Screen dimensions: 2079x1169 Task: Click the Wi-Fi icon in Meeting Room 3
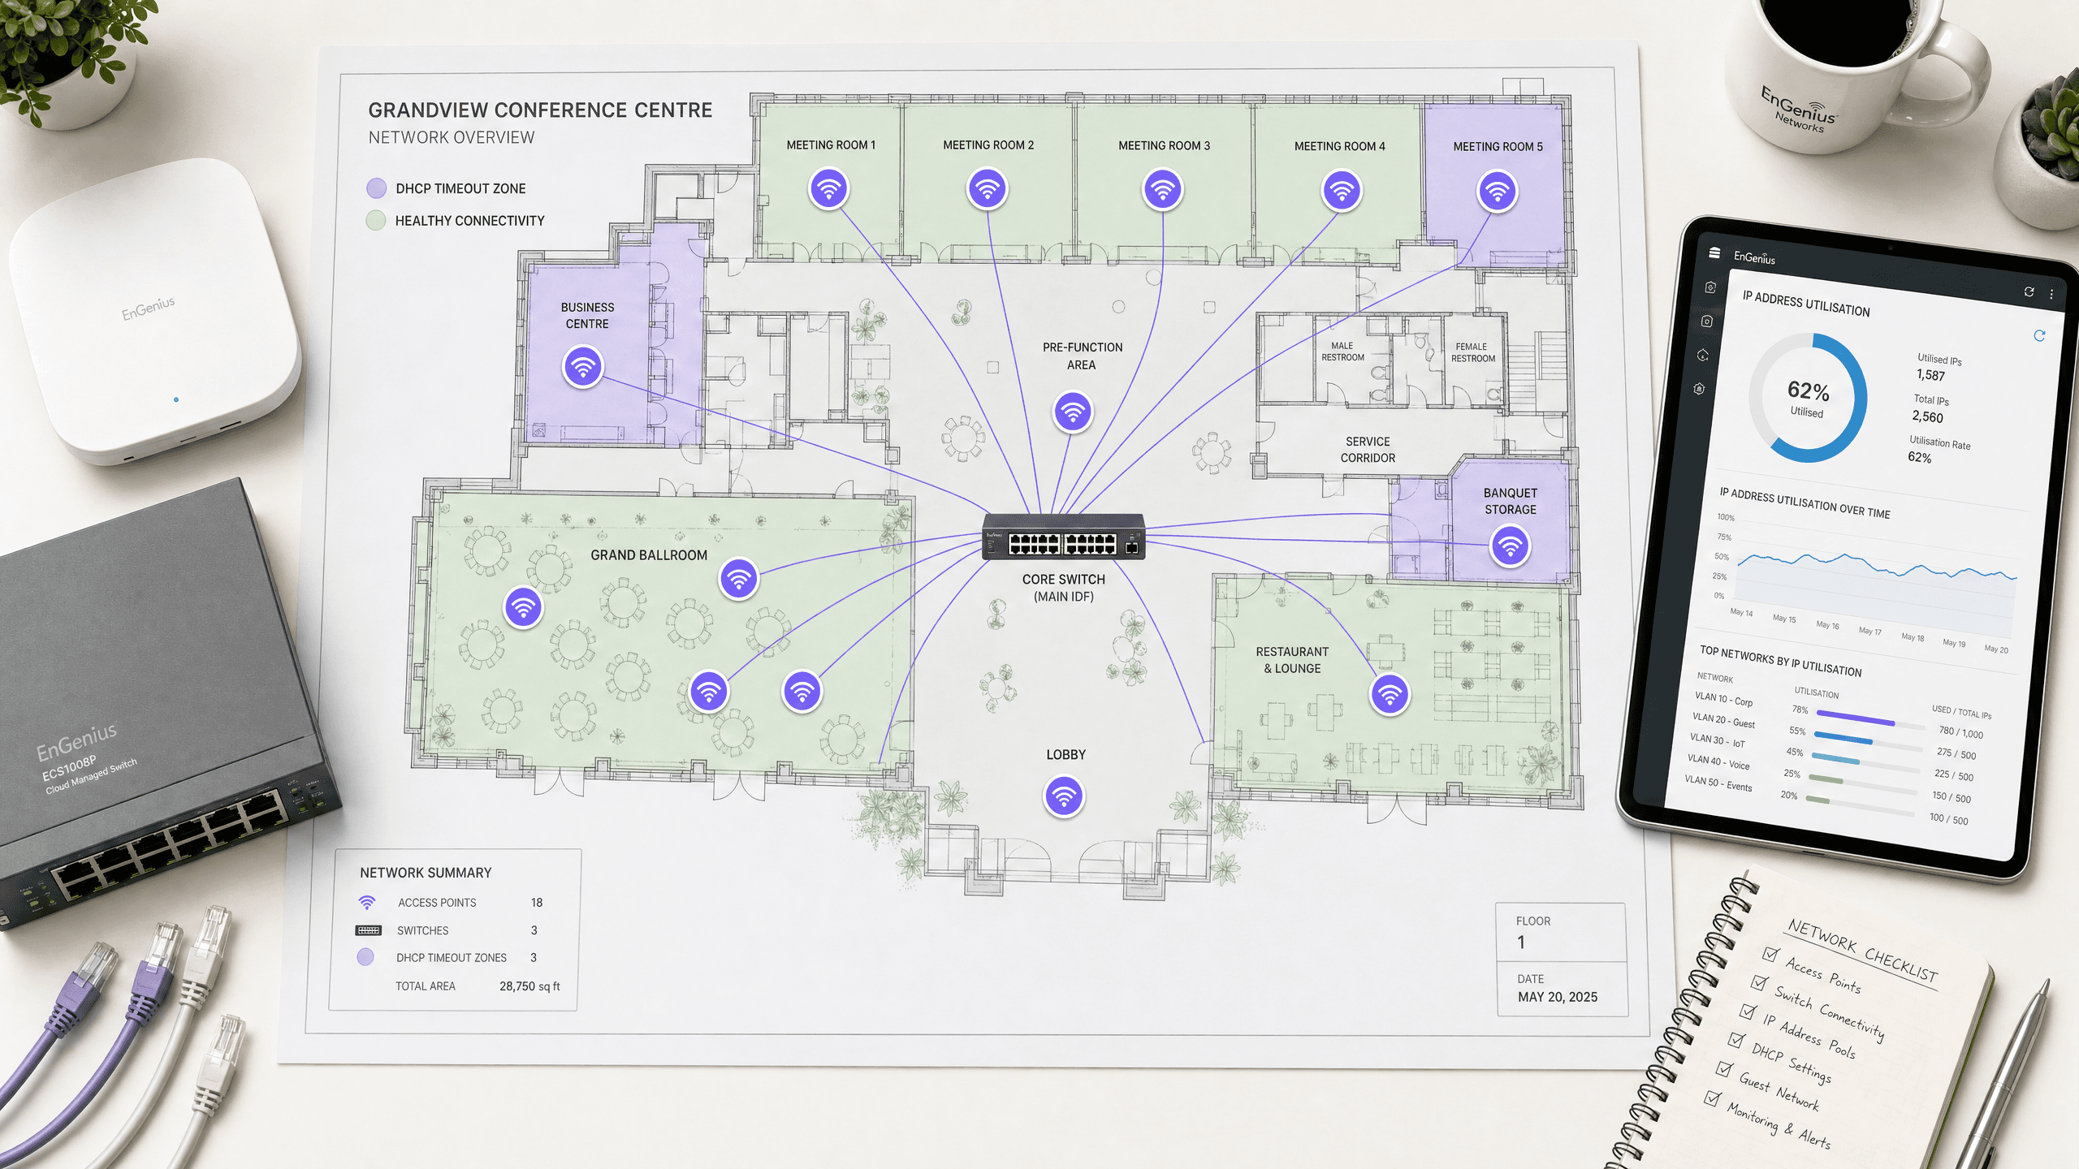coord(1163,189)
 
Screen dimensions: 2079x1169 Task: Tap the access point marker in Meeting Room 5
coord(1497,191)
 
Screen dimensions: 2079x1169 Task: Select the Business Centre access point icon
coord(582,367)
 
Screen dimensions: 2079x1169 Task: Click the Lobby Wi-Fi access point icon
coord(1064,796)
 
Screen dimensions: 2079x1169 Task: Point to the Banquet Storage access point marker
coord(1510,546)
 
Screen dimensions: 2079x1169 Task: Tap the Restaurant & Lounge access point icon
coord(1390,695)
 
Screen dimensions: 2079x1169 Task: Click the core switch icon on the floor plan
coord(1064,537)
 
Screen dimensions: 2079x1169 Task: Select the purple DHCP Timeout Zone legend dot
coord(376,188)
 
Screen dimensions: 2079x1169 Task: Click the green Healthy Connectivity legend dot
coord(375,220)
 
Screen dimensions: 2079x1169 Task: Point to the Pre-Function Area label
coord(1083,356)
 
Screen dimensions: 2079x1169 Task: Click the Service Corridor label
coord(1368,450)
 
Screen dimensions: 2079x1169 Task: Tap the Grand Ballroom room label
coord(649,555)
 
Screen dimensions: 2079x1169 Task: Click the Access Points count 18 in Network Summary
coord(537,903)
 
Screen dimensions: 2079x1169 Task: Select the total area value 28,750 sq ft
coord(529,986)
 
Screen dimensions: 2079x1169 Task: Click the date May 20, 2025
coord(1558,997)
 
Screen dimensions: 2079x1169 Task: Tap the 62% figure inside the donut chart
coord(1809,391)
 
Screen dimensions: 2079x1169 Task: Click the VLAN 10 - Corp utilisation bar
coord(1855,718)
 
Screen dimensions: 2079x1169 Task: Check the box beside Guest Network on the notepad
coord(1724,1069)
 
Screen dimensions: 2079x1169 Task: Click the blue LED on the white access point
coord(176,399)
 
